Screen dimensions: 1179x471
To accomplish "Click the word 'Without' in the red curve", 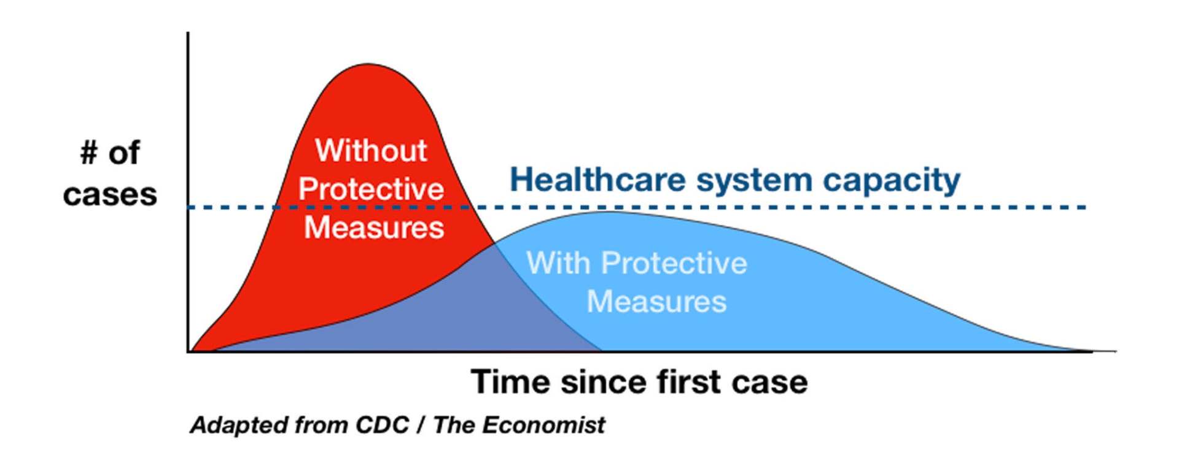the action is [371, 150].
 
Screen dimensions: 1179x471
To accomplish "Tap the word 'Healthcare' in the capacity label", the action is [597, 180].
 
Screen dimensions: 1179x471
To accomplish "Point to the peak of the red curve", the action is [367, 64].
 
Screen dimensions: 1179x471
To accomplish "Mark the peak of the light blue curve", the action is [605, 212].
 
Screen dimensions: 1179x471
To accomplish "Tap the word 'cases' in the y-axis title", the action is [110, 195].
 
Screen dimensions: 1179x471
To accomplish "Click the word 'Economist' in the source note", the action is [543, 424].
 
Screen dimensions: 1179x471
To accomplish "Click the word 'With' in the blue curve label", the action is [558, 263].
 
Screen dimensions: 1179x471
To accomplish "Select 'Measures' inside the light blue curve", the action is [656, 302].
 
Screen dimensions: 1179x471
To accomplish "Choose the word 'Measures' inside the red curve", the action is [374, 228].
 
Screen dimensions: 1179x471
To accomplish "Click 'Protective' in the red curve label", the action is [371, 189].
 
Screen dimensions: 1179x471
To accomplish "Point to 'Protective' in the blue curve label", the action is [674, 263].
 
